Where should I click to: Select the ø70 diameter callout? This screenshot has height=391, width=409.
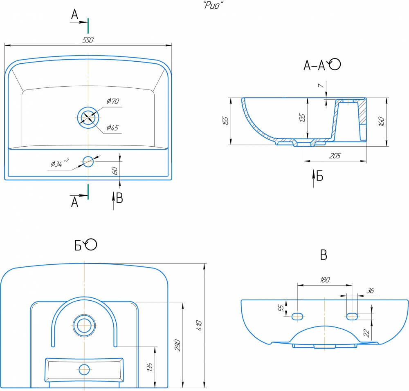[112, 101]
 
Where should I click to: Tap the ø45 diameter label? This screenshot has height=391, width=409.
[112, 128]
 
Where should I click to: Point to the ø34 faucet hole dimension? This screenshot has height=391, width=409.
[58, 164]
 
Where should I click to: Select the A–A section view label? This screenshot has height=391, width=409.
[322, 65]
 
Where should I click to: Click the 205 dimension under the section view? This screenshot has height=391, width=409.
[335, 156]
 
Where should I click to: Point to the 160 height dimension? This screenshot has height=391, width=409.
[381, 122]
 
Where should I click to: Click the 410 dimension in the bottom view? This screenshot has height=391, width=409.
[199, 325]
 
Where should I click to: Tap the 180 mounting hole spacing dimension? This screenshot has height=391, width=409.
[324, 280]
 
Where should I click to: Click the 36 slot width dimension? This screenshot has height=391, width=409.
[370, 290]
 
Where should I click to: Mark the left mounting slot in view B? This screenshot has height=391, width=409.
[297, 315]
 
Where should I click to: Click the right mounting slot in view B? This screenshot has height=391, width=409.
[352, 315]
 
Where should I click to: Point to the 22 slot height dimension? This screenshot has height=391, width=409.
[366, 333]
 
